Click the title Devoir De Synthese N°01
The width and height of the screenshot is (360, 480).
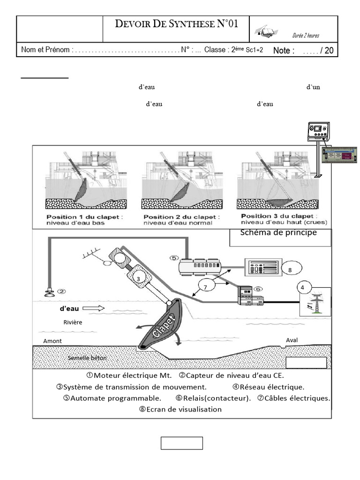176,24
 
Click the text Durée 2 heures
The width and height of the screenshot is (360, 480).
305,36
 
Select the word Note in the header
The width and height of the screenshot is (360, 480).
284,51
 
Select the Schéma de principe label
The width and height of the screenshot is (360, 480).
278,233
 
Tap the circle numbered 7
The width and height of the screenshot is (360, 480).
205,286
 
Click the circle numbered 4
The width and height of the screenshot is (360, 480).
303,287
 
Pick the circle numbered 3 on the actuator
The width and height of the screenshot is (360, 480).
138,279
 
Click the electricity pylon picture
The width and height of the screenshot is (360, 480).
315,304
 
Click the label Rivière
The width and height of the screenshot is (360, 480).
72,322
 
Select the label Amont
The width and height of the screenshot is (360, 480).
52,341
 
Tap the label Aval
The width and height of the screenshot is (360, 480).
292,340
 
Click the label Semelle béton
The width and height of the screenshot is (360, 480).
87,358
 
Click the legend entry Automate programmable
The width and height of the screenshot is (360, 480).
112,398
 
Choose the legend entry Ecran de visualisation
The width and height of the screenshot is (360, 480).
180,409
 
